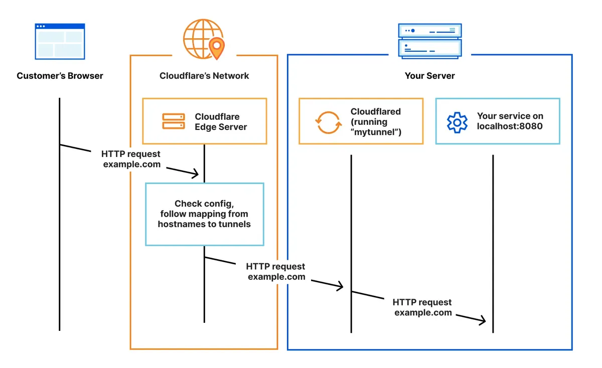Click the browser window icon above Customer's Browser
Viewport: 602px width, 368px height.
click(60, 41)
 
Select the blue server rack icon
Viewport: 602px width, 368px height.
click(429, 40)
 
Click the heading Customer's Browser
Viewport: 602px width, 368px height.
click(60, 76)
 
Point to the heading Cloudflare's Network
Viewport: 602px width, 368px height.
click(204, 76)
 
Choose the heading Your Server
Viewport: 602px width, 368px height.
click(429, 76)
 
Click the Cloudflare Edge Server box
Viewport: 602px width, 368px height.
click(204, 121)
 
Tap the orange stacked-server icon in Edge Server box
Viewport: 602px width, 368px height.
click(174, 122)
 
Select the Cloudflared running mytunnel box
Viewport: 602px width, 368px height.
click(361, 121)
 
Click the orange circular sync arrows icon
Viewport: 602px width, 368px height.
click(328, 122)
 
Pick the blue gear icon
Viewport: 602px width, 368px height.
click(457, 122)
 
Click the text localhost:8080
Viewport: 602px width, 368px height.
click(509, 126)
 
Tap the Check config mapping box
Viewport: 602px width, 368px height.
click(204, 214)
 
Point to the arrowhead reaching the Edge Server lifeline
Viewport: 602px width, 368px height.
click(196, 174)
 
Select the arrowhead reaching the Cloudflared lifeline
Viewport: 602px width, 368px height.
click(340, 286)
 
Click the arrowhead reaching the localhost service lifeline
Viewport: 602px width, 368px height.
click(483, 320)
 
